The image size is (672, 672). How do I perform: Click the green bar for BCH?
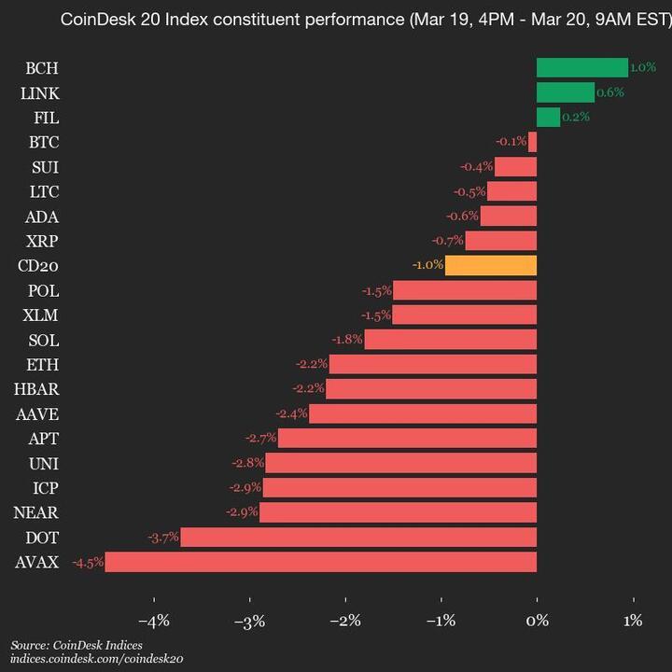(x=581, y=67)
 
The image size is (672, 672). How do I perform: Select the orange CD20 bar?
(x=491, y=265)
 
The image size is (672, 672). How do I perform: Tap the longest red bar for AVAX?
(x=321, y=562)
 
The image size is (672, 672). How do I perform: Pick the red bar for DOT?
(x=358, y=537)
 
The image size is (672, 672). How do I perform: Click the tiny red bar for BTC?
(x=532, y=142)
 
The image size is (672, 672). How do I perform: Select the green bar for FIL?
(x=548, y=117)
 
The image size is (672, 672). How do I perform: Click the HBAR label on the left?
(x=38, y=389)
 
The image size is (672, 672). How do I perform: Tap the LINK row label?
(x=39, y=92)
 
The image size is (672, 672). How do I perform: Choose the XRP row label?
(x=43, y=241)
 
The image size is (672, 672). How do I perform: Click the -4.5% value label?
(x=88, y=562)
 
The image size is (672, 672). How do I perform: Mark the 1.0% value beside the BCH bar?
(x=643, y=67)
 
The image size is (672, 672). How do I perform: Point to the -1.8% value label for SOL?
(x=347, y=340)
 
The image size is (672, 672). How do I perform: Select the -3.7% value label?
(x=163, y=538)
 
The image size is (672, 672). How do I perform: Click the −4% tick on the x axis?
(x=153, y=620)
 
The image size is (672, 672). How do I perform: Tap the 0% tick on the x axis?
(x=537, y=620)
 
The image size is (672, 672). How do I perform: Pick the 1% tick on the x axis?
(x=633, y=620)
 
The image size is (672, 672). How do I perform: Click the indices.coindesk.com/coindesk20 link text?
(x=97, y=659)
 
